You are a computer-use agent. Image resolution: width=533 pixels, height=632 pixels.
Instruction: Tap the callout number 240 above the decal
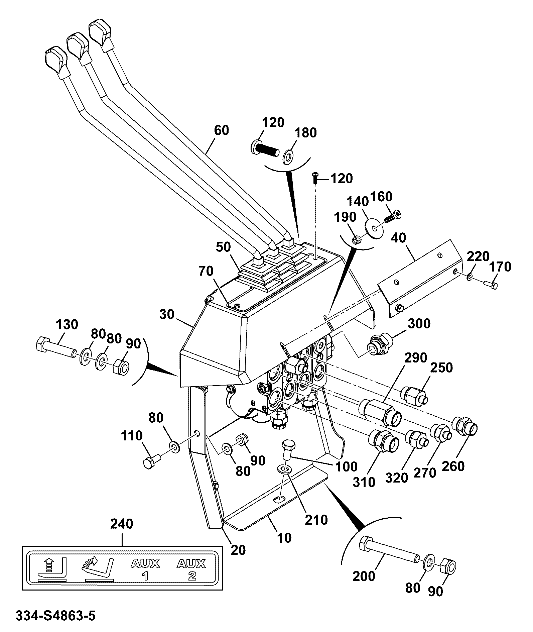[122, 524]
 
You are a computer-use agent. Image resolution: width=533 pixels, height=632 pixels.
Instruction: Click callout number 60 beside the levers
[221, 130]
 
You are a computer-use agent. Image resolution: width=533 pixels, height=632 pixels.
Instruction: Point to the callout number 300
[419, 323]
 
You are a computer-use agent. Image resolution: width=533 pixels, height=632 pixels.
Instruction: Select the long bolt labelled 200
[388, 550]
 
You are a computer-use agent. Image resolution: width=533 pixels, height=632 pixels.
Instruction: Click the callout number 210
[316, 520]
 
